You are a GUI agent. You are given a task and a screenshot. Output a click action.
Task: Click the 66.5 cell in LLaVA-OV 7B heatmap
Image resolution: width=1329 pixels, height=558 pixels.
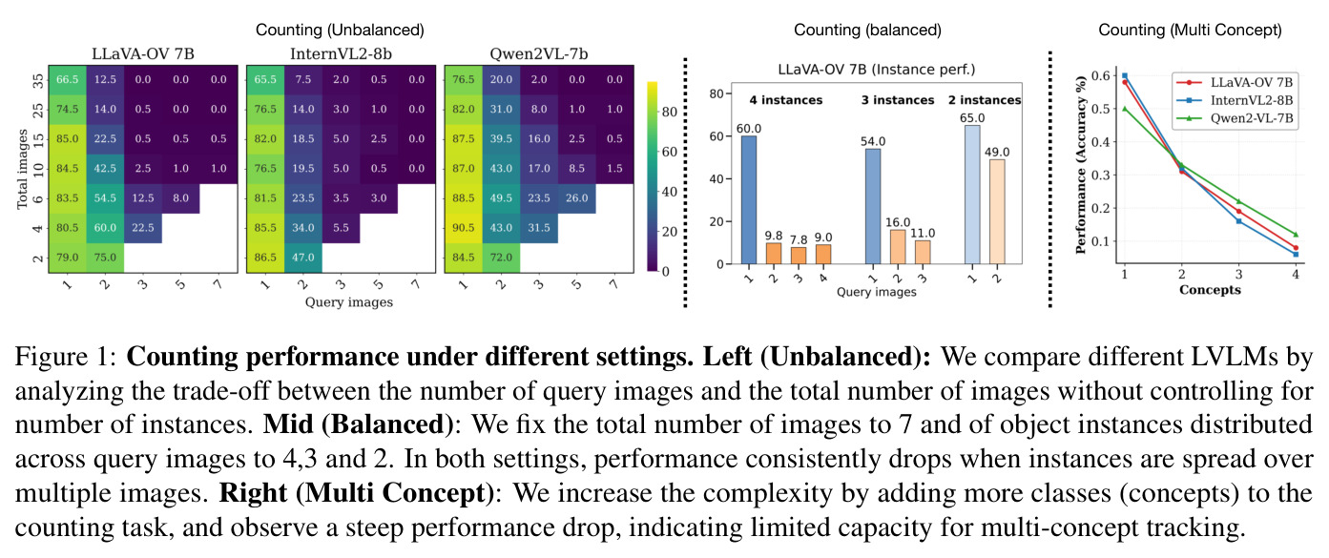pyautogui.click(x=67, y=79)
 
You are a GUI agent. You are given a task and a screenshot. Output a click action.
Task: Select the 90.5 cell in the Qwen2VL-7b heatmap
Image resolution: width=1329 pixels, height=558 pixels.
pyautogui.click(x=464, y=228)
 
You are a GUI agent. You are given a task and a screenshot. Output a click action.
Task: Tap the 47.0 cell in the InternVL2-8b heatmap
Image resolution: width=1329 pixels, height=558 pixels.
pyautogui.click(x=303, y=258)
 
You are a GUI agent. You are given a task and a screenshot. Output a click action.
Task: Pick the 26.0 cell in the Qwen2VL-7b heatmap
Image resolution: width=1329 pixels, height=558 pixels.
pyautogui.click(x=576, y=198)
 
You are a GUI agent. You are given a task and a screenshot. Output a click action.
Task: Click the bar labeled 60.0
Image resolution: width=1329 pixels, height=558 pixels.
pyautogui.click(x=749, y=200)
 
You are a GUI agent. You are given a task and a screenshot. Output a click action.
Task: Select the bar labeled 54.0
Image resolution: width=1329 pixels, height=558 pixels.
pyautogui.click(x=873, y=206)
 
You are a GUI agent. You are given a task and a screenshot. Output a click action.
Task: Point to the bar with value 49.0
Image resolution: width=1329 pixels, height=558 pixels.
pyautogui.click(x=997, y=212)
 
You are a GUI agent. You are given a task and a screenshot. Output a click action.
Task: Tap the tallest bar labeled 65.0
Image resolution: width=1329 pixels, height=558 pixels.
pyautogui.click(x=972, y=195)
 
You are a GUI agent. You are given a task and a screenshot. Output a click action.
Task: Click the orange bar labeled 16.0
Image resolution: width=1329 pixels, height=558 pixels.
pyautogui.click(x=898, y=247)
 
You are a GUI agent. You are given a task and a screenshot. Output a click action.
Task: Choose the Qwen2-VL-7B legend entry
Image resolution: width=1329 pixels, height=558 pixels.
pyautogui.click(x=1236, y=118)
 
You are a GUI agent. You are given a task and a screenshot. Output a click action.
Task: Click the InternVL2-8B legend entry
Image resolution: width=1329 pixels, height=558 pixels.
pyautogui.click(x=1236, y=100)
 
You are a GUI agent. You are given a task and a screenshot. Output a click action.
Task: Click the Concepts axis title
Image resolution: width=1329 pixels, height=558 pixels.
pyautogui.click(x=1210, y=290)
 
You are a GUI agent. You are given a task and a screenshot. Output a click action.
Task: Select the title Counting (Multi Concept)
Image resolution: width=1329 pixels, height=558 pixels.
pyautogui.click(x=1190, y=30)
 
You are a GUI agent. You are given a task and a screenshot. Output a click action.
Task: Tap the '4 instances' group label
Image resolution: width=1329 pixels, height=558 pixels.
pyautogui.click(x=785, y=100)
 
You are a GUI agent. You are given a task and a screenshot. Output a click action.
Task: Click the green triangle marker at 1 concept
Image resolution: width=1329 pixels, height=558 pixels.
pyautogui.click(x=1124, y=109)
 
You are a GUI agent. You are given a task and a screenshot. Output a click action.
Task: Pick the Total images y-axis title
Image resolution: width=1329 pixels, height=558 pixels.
pyautogui.click(x=23, y=169)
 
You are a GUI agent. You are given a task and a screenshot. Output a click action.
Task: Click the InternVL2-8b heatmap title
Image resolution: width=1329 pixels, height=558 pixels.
pyautogui.click(x=341, y=54)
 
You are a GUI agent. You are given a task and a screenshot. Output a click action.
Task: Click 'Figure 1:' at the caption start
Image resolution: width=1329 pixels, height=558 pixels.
pyautogui.click(x=66, y=357)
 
